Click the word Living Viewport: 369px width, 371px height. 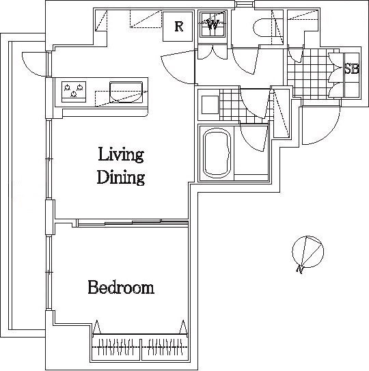pos(121,155)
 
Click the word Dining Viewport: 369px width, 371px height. pos(121,177)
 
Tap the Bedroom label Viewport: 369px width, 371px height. pos(121,287)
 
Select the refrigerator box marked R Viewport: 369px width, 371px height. pos(178,27)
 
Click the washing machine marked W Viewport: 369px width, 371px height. pos(213,25)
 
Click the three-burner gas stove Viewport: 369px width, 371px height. pos(74,92)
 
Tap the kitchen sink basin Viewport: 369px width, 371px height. pos(126,92)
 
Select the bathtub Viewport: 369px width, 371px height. pos(217,153)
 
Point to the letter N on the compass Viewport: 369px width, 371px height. pos(300,269)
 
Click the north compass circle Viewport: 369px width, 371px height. pos(308,251)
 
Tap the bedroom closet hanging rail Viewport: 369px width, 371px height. pos(140,347)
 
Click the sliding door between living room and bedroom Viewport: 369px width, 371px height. pos(133,223)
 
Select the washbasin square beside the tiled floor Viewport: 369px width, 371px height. pos(210,105)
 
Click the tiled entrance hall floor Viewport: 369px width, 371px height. pos(310,73)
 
